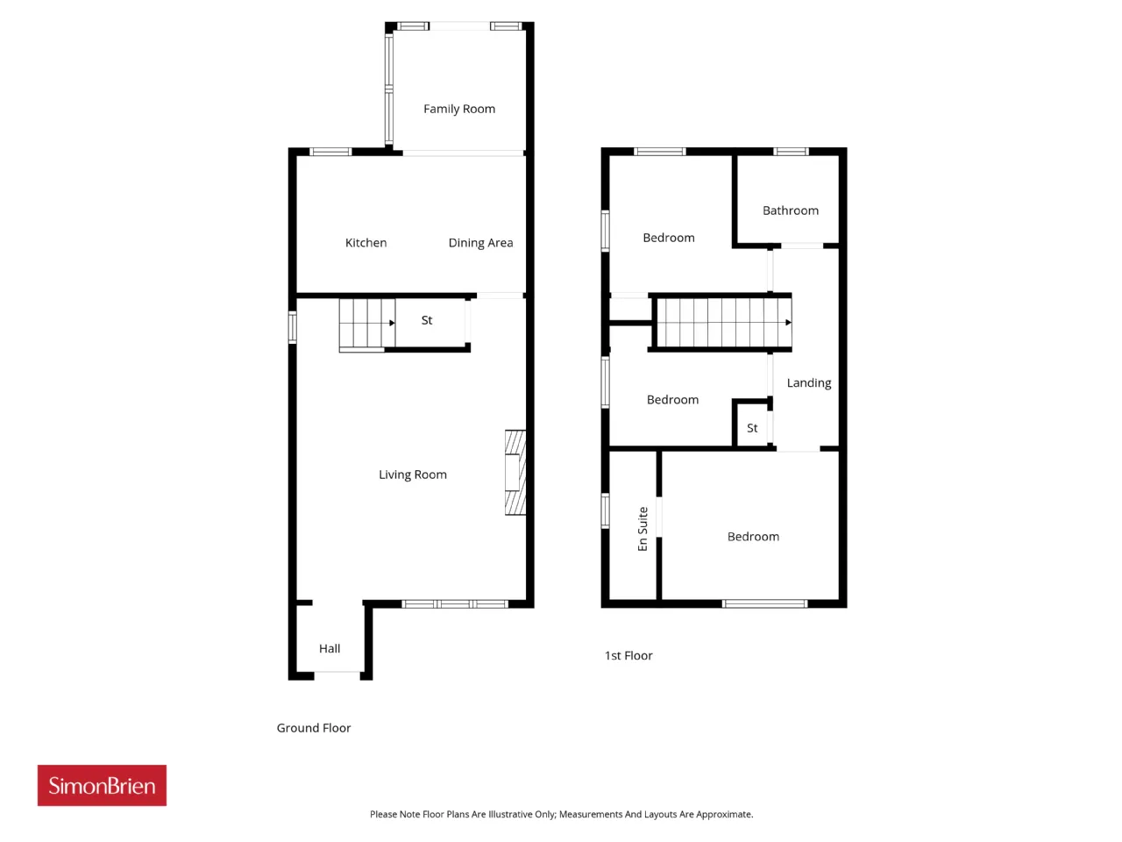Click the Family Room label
click(458, 109)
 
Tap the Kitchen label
click(366, 242)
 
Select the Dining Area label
click(480, 243)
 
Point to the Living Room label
click(412, 475)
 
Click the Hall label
click(330, 648)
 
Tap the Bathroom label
click(790, 210)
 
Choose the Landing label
click(808, 383)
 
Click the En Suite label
click(642, 529)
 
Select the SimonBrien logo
click(102, 785)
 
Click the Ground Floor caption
click(313, 727)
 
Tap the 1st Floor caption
click(628, 655)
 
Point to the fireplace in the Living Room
click(515, 472)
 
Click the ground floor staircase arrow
click(392, 323)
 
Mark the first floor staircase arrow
click(788, 322)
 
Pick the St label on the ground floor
click(426, 320)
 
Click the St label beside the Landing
click(751, 428)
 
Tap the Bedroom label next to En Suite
click(752, 536)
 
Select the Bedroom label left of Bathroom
click(668, 238)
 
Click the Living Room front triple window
click(455, 603)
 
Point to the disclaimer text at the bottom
click(561, 814)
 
